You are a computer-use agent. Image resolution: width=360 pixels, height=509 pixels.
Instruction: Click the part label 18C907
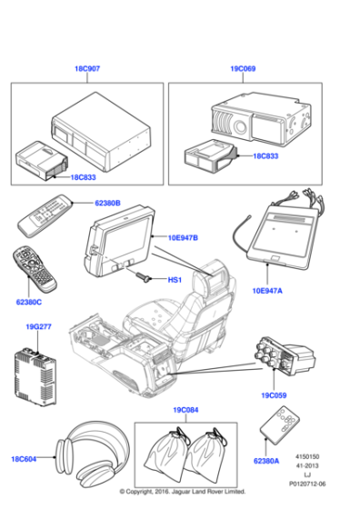(x=88, y=69)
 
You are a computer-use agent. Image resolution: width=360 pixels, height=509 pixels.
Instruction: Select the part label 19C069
(x=244, y=69)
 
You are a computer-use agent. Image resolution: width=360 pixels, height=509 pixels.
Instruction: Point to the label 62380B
(x=107, y=204)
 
